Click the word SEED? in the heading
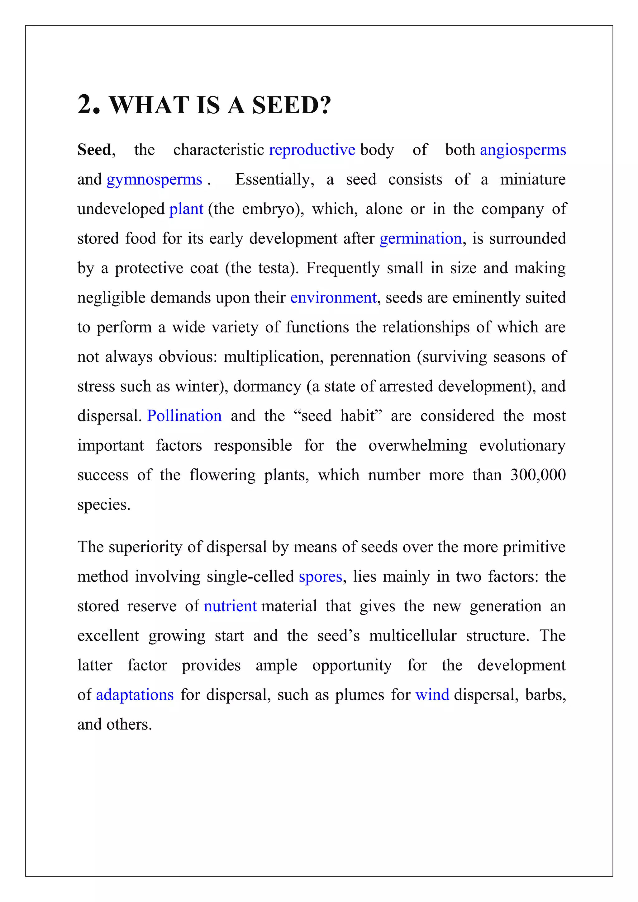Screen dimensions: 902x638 click(x=291, y=105)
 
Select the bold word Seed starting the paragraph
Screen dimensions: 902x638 click(x=94, y=150)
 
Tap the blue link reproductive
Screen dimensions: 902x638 click(x=312, y=150)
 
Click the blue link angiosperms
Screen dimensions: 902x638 click(x=522, y=150)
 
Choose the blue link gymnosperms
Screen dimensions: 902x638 click(x=154, y=180)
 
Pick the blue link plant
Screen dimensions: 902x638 click(x=186, y=209)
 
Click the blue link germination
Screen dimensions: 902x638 click(x=420, y=238)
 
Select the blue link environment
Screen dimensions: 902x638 click(x=333, y=298)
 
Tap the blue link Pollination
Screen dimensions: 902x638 click(x=184, y=416)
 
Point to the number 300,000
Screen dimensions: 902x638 click(x=538, y=475)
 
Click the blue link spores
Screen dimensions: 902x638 click(x=320, y=577)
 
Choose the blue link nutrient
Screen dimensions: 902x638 click(x=230, y=606)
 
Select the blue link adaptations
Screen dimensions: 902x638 click(x=135, y=695)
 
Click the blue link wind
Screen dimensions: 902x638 click(x=432, y=695)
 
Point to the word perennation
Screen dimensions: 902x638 click(x=370, y=357)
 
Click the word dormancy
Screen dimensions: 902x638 click(x=267, y=387)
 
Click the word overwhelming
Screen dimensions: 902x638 click(x=417, y=445)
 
